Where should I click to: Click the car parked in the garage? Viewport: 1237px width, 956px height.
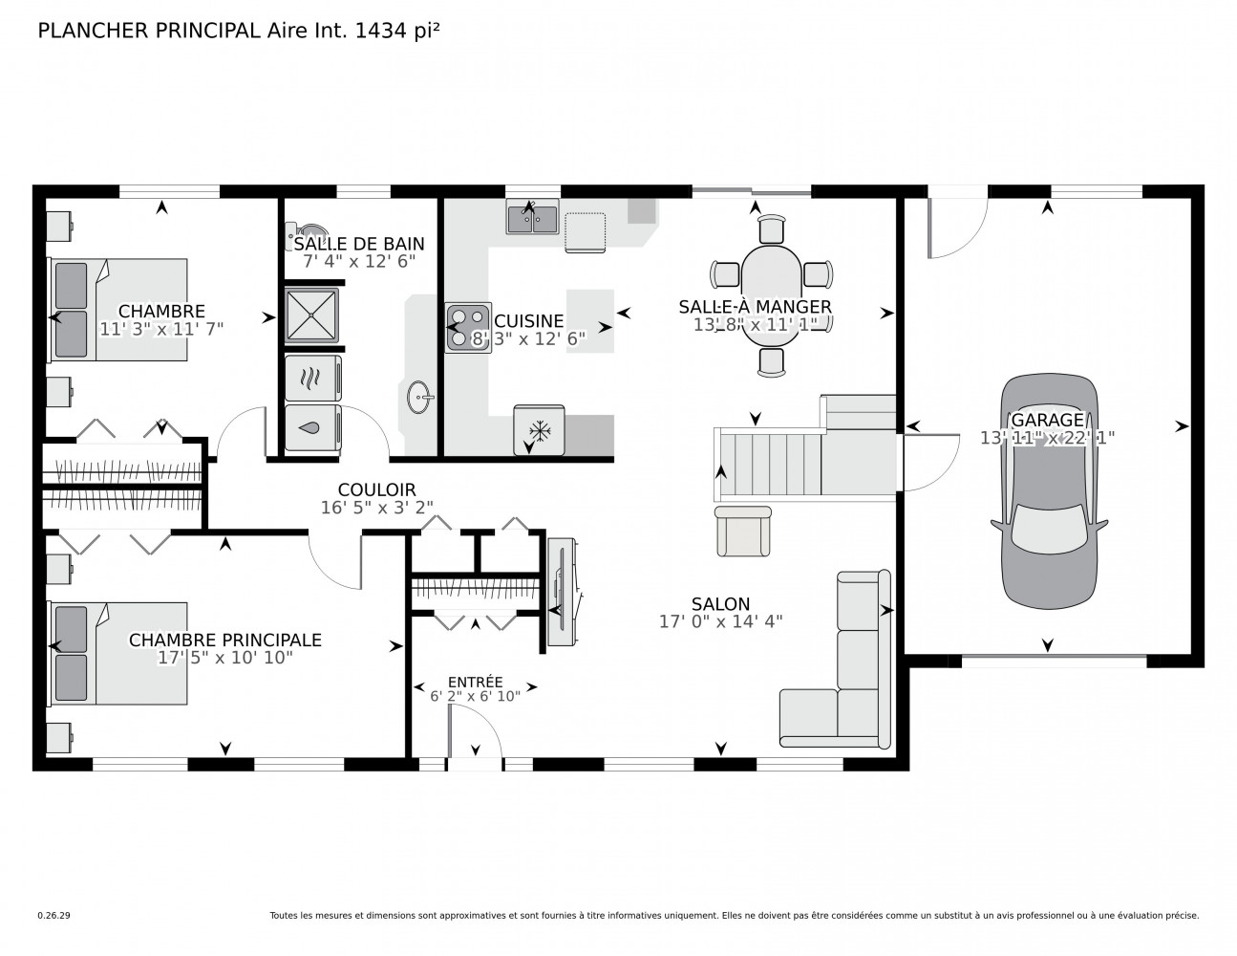click(x=1049, y=490)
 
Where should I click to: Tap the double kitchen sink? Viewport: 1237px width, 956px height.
click(x=532, y=216)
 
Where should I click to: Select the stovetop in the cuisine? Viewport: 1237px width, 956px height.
click(x=468, y=328)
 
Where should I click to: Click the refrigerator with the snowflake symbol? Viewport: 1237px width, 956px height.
click(x=539, y=430)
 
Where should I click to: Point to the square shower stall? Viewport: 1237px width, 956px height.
click(x=311, y=315)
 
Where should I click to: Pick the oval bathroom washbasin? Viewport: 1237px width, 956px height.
click(x=420, y=397)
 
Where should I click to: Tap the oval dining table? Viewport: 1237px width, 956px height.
click(x=772, y=295)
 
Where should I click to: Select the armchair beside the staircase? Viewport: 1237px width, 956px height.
click(x=743, y=531)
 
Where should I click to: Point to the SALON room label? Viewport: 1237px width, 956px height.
click(x=720, y=603)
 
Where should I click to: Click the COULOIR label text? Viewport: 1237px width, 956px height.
click(x=377, y=489)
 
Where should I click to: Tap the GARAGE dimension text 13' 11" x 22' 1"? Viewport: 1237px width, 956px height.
click(x=1047, y=438)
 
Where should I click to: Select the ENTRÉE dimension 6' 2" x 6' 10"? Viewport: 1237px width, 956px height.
click(x=476, y=696)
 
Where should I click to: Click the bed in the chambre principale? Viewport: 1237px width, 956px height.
click(x=119, y=654)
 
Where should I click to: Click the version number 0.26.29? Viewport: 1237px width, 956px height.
click(x=54, y=916)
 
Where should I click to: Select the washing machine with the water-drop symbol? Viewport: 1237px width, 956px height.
click(x=313, y=427)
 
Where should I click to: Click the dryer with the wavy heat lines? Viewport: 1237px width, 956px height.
click(x=313, y=379)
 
